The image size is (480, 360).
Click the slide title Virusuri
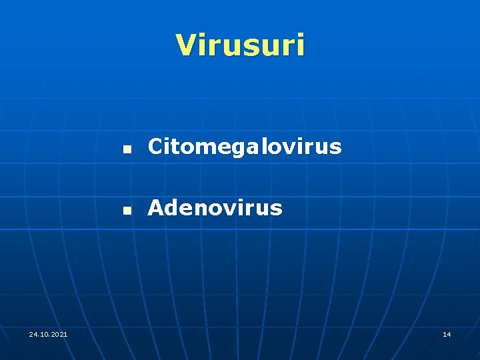click(240, 45)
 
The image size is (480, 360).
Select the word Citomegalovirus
click(245, 147)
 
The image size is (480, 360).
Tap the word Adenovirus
click(215, 208)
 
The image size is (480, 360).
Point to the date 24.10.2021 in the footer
click(48, 333)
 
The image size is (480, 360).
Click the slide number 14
click(447, 333)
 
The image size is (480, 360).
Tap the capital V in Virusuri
click(186, 45)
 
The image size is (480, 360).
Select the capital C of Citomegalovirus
click(155, 147)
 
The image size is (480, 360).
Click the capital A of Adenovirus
click(156, 208)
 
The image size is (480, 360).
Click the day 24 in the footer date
click(33, 333)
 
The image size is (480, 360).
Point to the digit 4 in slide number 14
click(449, 333)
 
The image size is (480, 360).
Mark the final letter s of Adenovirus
click(276, 209)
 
